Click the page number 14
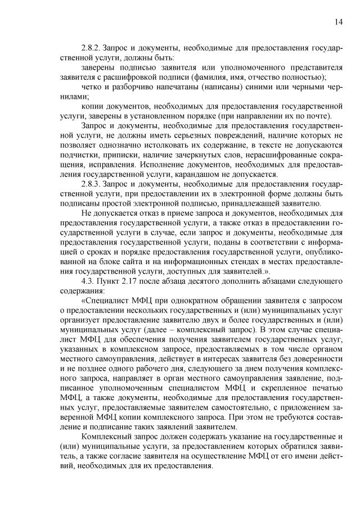point(338,22)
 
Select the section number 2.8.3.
point(92,184)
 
